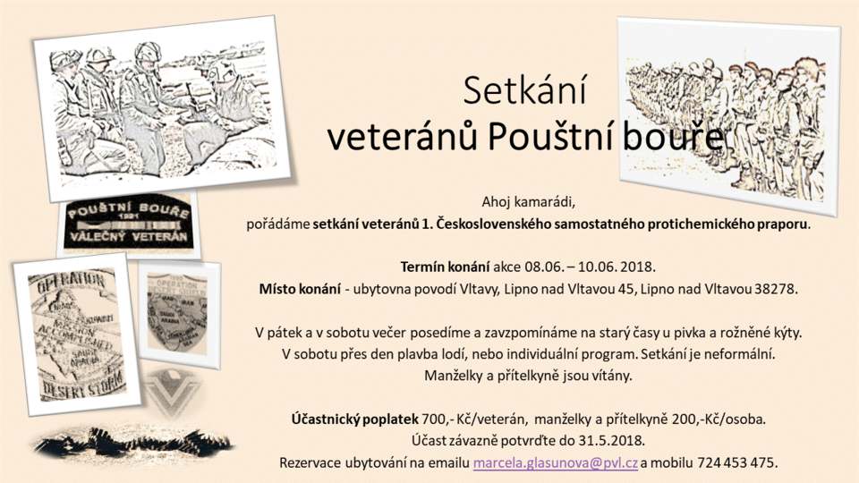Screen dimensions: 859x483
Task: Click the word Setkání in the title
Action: click(x=524, y=90)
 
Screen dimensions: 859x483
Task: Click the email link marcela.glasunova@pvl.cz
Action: click(x=555, y=462)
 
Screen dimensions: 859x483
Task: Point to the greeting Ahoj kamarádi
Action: click(x=528, y=202)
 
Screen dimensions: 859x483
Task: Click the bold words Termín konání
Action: click(x=445, y=267)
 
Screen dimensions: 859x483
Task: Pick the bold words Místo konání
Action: click(x=300, y=289)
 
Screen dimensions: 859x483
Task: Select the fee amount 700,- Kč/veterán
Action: click(x=474, y=420)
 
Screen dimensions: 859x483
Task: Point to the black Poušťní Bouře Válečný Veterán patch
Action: click(x=129, y=224)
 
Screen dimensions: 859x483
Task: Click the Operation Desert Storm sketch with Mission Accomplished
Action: click(x=77, y=334)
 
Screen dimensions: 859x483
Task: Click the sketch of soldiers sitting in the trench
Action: click(x=163, y=109)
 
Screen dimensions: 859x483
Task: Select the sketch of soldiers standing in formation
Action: click(x=728, y=116)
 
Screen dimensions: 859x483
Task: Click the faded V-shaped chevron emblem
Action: click(x=173, y=392)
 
